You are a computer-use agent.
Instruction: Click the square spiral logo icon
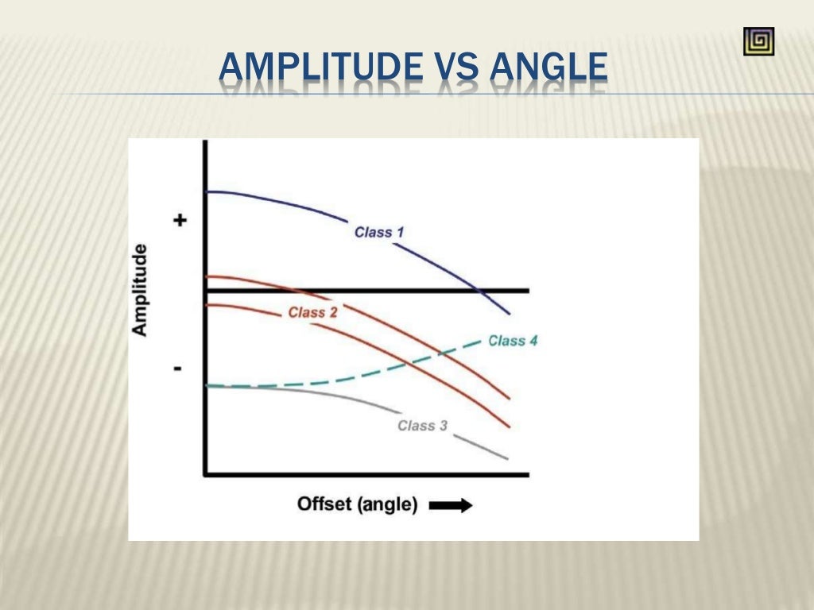coord(758,41)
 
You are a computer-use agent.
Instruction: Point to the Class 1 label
coord(379,232)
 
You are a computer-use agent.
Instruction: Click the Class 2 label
coord(312,312)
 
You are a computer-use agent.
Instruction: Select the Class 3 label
coord(422,426)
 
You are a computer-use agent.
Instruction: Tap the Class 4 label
coord(513,341)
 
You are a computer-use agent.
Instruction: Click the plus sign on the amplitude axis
coord(180,220)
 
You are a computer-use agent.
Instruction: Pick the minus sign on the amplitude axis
coord(177,369)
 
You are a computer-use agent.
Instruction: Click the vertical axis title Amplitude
coord(140,290)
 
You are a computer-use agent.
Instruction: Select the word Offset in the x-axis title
coord(324,504)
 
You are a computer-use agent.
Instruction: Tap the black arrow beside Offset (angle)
coord(450,505)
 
